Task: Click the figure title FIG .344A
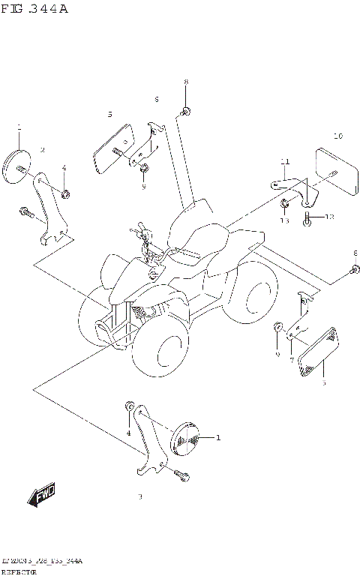pos(34,9)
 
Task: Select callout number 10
pos(337,136)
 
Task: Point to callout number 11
pos(285,162)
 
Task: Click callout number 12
pos(329,217)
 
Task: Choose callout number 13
pos(285,220)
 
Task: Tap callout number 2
pos(43,150)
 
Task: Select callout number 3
pos(139,496)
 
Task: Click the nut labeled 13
pos(285,204)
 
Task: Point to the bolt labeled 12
pos(307,217)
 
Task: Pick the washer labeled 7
pos(291,346)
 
